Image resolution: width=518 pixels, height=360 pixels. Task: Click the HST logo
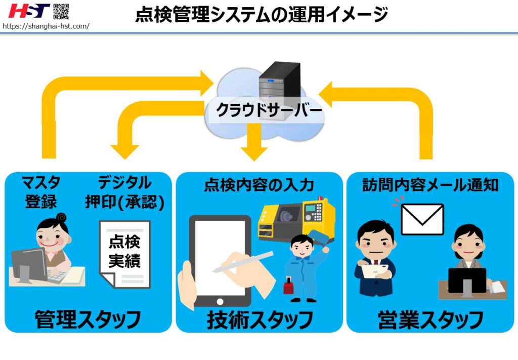pyautogui.click(x=29, y=11)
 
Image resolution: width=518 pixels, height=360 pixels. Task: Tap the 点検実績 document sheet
pyautogui.click(x=124, y=253)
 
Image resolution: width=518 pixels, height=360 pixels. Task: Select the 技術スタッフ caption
pyautogui.click(x=260, y=319)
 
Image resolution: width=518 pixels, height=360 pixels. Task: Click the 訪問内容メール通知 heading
pyautogui.click(x=430, y=185)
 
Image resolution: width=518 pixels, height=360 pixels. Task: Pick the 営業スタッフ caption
pyautogui.click(x=430, y=319)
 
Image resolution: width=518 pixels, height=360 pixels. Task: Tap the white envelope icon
pyautogui.click(x=422, y=219)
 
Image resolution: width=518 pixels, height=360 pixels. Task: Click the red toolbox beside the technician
pyautogui.click(x=290, y=287)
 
